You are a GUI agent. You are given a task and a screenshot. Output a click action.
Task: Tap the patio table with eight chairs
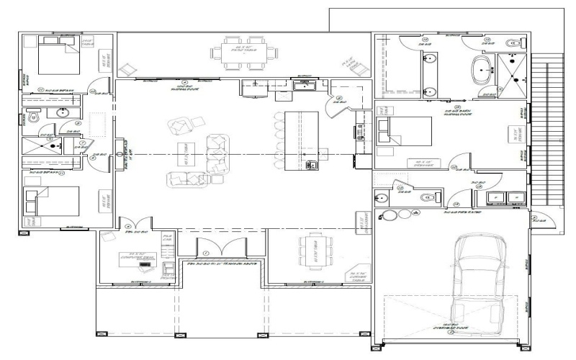point(237,51)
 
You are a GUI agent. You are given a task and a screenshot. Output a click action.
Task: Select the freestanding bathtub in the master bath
point(480,71)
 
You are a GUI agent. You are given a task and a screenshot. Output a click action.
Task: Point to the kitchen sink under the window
point(305,86)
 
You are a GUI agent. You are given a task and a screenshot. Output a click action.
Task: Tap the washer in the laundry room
point(496,197)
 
